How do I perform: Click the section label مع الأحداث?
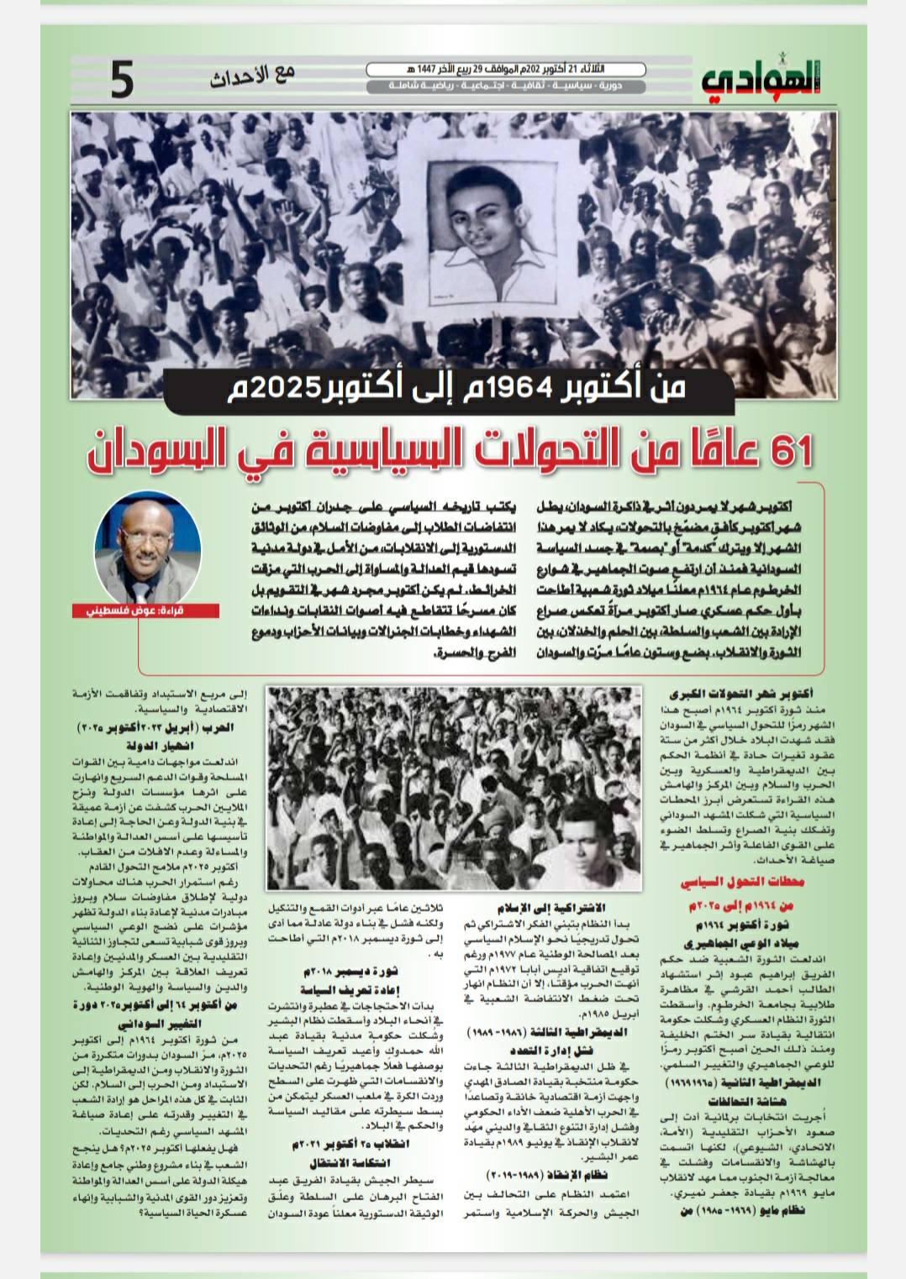252,76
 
